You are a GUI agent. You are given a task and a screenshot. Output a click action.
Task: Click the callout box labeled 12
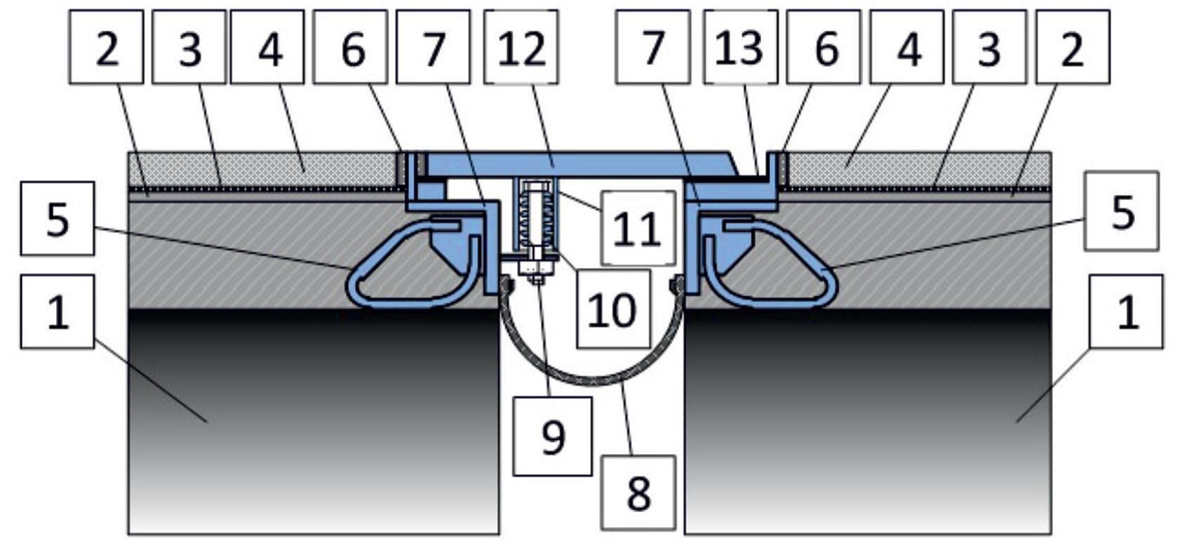pyautogui.click(x=521, y=46)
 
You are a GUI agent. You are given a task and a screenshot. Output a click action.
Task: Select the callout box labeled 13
pyautogui.click(x=741, y=46)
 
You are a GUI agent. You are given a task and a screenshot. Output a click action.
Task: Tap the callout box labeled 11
pyautogui.click(x=638, y=227)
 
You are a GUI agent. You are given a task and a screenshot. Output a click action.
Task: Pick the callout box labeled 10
pyautogui.click(x=614, y=309)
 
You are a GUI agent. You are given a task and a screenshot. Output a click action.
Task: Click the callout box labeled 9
pyautogui.click(x=553, y=436)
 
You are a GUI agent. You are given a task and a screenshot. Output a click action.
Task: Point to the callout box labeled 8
pyautogui.click(x=638, y=493)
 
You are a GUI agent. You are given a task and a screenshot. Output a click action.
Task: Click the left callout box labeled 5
pyautogui.click(x=58, y=218)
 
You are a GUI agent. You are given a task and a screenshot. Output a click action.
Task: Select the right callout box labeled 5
pyautogui.click(x=1122, y=211)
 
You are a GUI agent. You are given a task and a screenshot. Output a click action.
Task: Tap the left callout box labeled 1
pyautogui.click(x=58, y=312)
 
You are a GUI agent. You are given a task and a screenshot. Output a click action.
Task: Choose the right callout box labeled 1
pyautogui.click(x=1127, y=312)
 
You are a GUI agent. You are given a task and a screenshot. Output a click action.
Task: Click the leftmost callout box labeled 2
pyautogui.click(x=107, y=46)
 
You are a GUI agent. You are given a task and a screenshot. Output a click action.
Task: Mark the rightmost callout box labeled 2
pyautogui.click(x=1073, y=46)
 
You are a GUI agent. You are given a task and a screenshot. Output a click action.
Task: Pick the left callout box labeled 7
pyautogui.click(x=434, y=46)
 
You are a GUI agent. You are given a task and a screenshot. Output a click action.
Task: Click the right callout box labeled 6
pyautogui.click(x=824, y=46)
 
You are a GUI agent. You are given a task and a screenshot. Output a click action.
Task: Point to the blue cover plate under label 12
pyautogui.click(x=577, y=164)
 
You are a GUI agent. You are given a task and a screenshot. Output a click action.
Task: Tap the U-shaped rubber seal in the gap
pyautogui.click(x=591, y=379)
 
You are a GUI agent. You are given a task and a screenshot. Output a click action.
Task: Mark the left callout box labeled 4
pyautogui.click(x=267, y=46)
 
